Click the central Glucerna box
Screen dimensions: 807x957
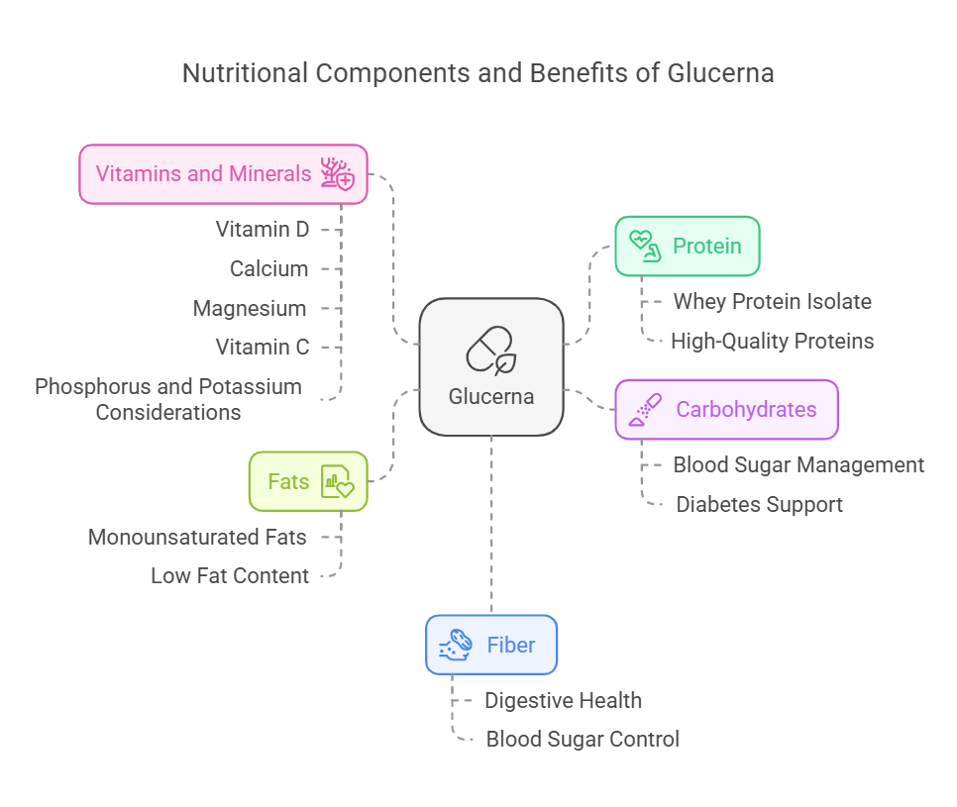491,367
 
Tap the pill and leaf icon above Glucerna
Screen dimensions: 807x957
491,351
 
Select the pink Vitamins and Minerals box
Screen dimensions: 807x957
223,174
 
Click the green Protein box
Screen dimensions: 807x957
687,246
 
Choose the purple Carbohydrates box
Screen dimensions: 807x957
726,409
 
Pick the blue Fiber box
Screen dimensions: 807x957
491,645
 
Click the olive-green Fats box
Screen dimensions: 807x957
308,481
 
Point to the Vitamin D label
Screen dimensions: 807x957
263,229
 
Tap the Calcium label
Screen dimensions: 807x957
268,268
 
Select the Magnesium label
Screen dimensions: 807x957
250,308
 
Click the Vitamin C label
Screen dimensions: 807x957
263,347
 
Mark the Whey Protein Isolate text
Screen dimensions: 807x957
772,301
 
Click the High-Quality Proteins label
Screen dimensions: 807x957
772,342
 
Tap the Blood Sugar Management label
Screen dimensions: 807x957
798,464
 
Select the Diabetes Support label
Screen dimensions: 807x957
759,504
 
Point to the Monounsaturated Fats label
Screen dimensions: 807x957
197,537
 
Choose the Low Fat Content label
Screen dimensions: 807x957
230,575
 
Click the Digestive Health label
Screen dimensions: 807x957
563,700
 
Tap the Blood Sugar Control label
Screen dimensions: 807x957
583,739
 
